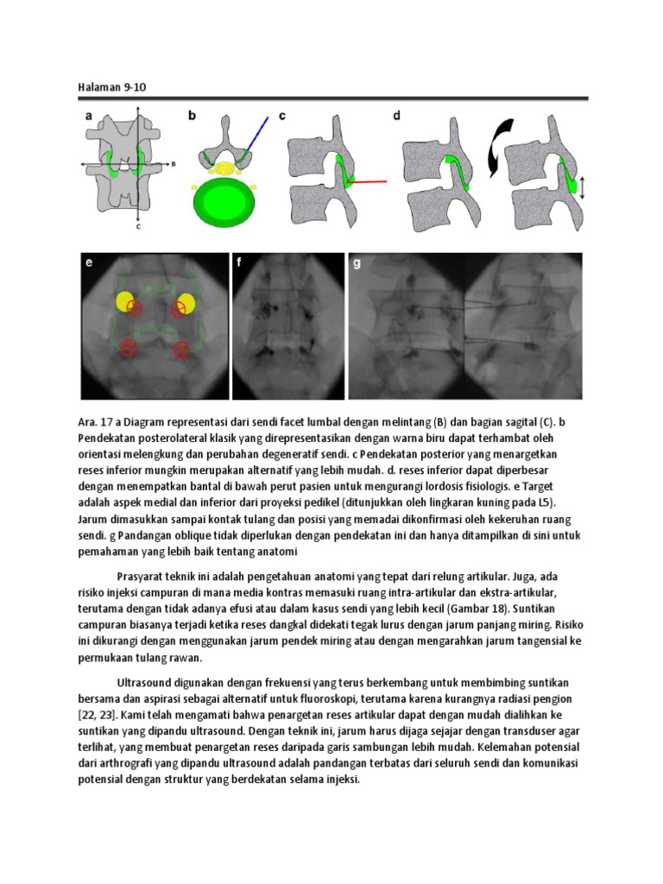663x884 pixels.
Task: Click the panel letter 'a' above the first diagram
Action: [88, 114]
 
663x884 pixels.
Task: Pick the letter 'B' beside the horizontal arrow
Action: [175, 161]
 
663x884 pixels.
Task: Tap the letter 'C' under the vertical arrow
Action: [138, 228]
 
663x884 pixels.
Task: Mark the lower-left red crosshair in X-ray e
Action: [129, 347]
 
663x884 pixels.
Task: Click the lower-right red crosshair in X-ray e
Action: [181, 349]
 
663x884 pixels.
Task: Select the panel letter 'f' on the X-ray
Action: [239, 262]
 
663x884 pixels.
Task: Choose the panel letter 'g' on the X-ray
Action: [356, 262]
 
